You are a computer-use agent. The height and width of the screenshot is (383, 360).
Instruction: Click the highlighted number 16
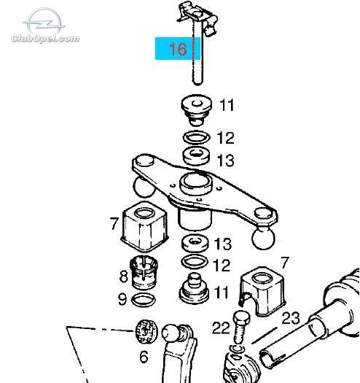coord(178,49)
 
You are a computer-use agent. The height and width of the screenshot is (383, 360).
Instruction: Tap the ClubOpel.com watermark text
coord(45,39)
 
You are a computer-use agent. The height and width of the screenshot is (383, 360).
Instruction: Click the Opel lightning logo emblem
coord(44,21)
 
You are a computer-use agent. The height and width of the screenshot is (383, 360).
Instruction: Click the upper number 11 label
coord(227,105)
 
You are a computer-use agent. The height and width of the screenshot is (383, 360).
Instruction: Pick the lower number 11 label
coord(221,293)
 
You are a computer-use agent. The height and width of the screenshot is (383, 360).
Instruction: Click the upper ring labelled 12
coord(197,137)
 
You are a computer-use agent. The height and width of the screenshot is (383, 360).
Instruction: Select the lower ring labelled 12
coord(195,262)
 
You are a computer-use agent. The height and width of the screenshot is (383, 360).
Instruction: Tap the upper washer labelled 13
coord(197,155)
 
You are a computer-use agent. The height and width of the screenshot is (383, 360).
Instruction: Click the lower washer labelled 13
coord(195,244)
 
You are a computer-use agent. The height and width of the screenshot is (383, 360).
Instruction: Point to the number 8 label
coord(123,276)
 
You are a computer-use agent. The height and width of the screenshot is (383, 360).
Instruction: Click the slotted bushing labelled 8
coord(144,272)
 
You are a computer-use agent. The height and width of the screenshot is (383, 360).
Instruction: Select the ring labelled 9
coord(144,300)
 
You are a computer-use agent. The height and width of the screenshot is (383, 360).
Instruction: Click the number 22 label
coord(221,328)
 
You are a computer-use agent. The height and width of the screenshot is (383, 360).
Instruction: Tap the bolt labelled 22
coord(241,328)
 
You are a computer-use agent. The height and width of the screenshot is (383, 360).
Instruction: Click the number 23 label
coord(291,318)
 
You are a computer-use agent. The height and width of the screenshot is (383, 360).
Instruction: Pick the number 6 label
coord(144,357)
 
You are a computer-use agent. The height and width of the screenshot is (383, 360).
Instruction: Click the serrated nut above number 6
coord(146,331)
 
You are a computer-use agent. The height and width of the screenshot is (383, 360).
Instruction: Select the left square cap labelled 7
coord(145,226)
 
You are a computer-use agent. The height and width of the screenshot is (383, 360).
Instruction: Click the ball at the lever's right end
coord(263,237)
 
